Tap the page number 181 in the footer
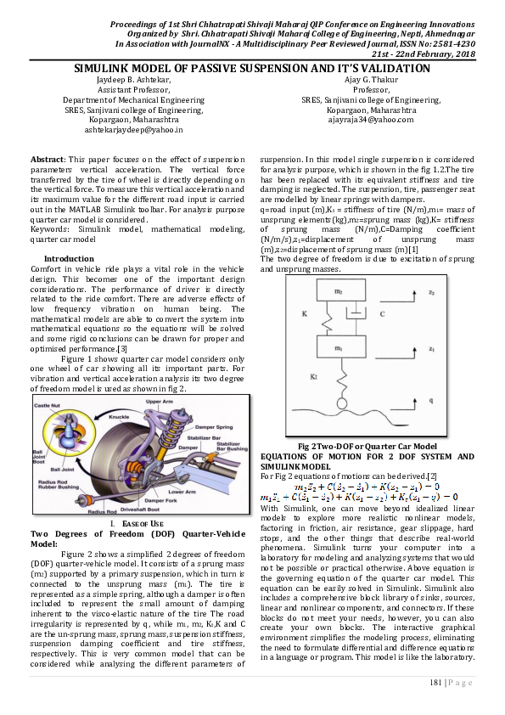[x=438, y=681]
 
